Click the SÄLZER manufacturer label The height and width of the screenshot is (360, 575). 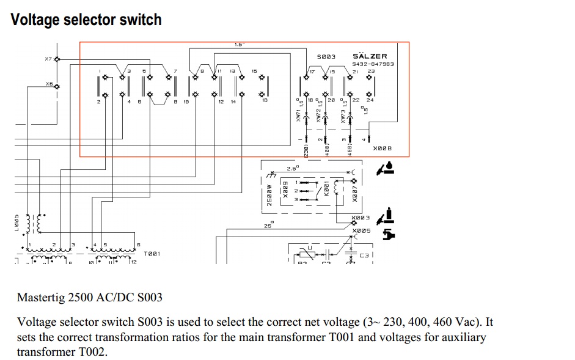(370, 56)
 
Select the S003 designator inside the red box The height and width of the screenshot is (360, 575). (326, 56)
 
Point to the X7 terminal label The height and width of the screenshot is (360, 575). (48, 59)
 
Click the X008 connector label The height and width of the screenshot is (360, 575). (381, 148)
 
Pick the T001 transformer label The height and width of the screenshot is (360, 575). (152, 253)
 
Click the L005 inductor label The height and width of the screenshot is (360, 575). (17, 223)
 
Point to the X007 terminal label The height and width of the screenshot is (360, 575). (354, 192)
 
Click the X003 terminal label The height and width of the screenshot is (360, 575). (361, 218)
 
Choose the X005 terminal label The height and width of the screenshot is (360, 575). (361, 230)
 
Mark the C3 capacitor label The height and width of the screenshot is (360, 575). (364, 254)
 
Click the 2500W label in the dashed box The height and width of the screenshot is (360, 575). (269, 194)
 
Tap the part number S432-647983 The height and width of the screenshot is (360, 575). (373, 64)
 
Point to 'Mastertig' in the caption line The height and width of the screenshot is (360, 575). (42, 298)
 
